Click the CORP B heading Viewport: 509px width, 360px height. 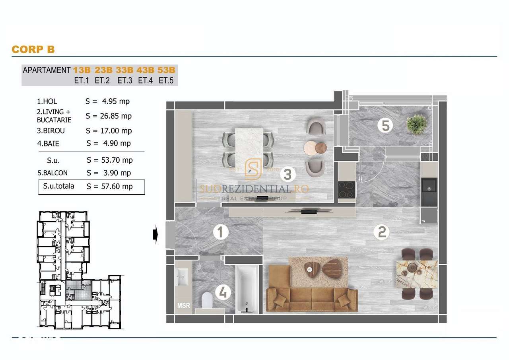coord(33,49)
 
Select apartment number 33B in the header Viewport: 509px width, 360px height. coord(124,70)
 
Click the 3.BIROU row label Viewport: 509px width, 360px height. coord(51,130)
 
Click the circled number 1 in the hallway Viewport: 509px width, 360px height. coord(220,232)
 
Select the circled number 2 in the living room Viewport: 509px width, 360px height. coord(381,232)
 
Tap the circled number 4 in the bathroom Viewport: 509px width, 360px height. coord(223,293)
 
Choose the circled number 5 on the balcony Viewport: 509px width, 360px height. coord(385,126)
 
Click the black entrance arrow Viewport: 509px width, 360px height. coord(155,235)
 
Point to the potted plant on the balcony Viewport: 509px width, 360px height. coord(417,124)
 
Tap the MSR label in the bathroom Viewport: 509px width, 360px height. coord(183,306)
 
